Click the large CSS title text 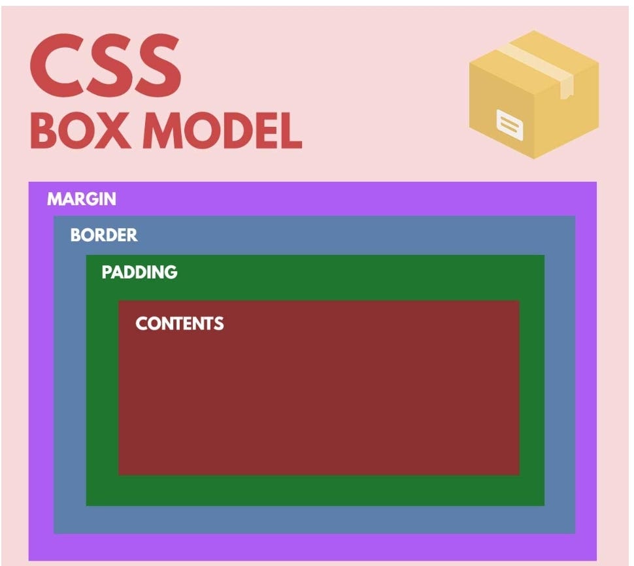(x=105, y=66)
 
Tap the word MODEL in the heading (x=222, y=131)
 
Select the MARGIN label (x=82, y=199)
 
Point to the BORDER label (x=104, y=235)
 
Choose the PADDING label (x=139, y=272)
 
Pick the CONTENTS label (x=179, y=324)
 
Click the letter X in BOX (x=118, y=131)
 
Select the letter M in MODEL (x=164, y=131)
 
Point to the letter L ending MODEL (x=289, y=131)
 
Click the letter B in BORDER (x=75, y=235)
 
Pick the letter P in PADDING (x=106, y=272)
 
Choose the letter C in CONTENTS (x=141, y=324)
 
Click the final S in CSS (x=158, y=66)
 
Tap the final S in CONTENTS (x=219, y=324)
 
